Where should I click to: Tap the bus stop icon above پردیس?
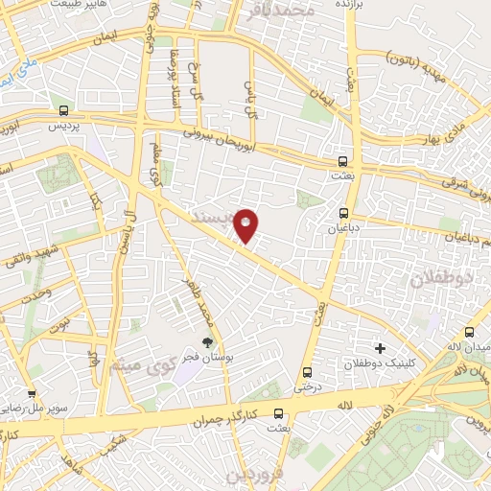[x=63, y=110]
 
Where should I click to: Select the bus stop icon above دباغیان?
[x=343, y=213]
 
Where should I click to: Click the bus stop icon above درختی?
[x=307, y=372]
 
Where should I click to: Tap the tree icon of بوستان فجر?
[x=206, y=340]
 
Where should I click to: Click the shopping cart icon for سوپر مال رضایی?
[x=32, y=393]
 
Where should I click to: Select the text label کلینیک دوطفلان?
[x=380, y=365]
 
